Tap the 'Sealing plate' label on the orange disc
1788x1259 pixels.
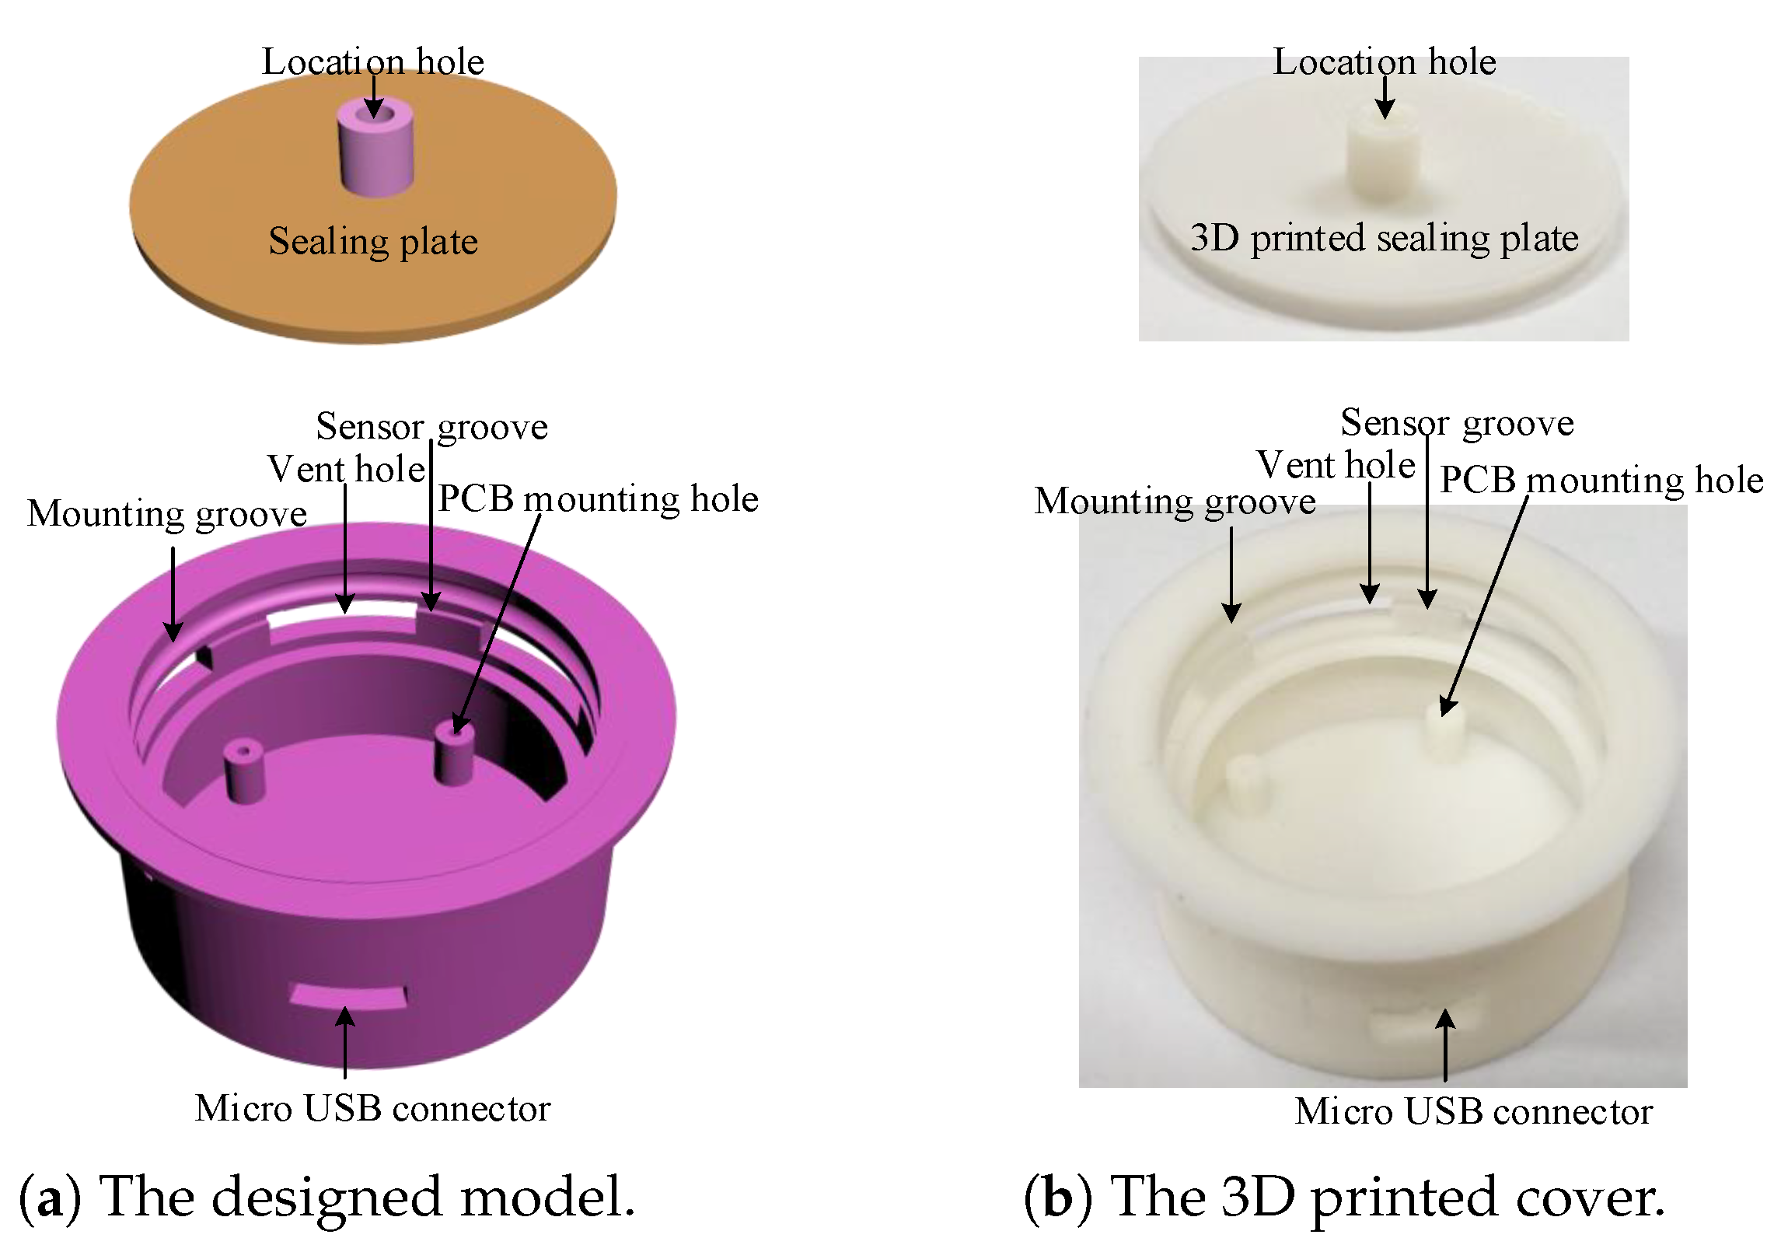(x=373, y=241)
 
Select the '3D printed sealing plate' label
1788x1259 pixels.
(x=1384, y=238)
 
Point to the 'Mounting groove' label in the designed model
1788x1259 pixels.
(x=166, y=514)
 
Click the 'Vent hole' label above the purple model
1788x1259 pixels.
(x=347, y=469)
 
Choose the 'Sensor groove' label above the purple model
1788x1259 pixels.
(x=431, y=426)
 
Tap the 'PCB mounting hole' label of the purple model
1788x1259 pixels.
(x=597, y=498)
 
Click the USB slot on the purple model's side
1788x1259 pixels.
(x=348, y=995)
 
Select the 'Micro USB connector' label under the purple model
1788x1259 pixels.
(x=372, y=1109)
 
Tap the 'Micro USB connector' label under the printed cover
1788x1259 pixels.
(x=1472, y=1112)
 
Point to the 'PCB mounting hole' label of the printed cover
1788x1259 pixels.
(x=1601, y=480)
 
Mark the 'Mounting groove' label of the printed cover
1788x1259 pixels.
(x=1175, y=501)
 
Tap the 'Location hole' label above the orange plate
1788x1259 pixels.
(x=372, y=62)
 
